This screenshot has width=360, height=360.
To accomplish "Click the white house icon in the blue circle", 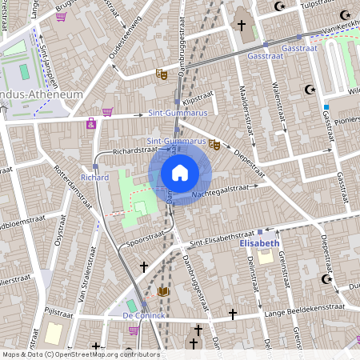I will pyautogui.click(x=180, y=173).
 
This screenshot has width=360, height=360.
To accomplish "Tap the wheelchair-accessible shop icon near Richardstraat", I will pyautogui.click(x=91, y=124).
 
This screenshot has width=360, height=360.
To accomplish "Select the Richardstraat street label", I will pyautogui.click(x=133, y=150).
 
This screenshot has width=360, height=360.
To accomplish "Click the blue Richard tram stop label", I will pyautogui.click(x=94, y=177).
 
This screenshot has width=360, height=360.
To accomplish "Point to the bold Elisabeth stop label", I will pyautogui.click(x=260, y=242).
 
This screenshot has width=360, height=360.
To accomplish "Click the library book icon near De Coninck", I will pyautogui.click(x=164, y=292).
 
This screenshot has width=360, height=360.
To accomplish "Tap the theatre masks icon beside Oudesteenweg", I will pyautogui.click(x=161, y=74).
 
